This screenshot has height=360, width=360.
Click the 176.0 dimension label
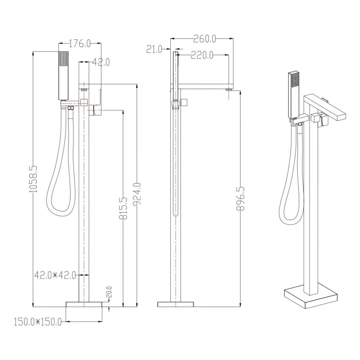[x=80, y=44]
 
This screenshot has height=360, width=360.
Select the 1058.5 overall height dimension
[x=33, y=179]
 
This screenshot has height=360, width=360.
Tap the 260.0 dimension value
[x=204, y=39]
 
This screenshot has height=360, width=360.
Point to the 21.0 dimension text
[x=154, y=49]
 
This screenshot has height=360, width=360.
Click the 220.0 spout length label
[x=202, y=55]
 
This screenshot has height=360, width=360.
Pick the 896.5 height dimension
[x=240, y=199]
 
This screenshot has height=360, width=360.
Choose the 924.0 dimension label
[x=137, y=194]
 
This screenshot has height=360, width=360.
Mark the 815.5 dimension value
[x=123, y=208]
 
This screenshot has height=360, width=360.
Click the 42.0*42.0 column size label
[x=55, y=275]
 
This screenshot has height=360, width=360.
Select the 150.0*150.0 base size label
[x=38, y=322]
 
